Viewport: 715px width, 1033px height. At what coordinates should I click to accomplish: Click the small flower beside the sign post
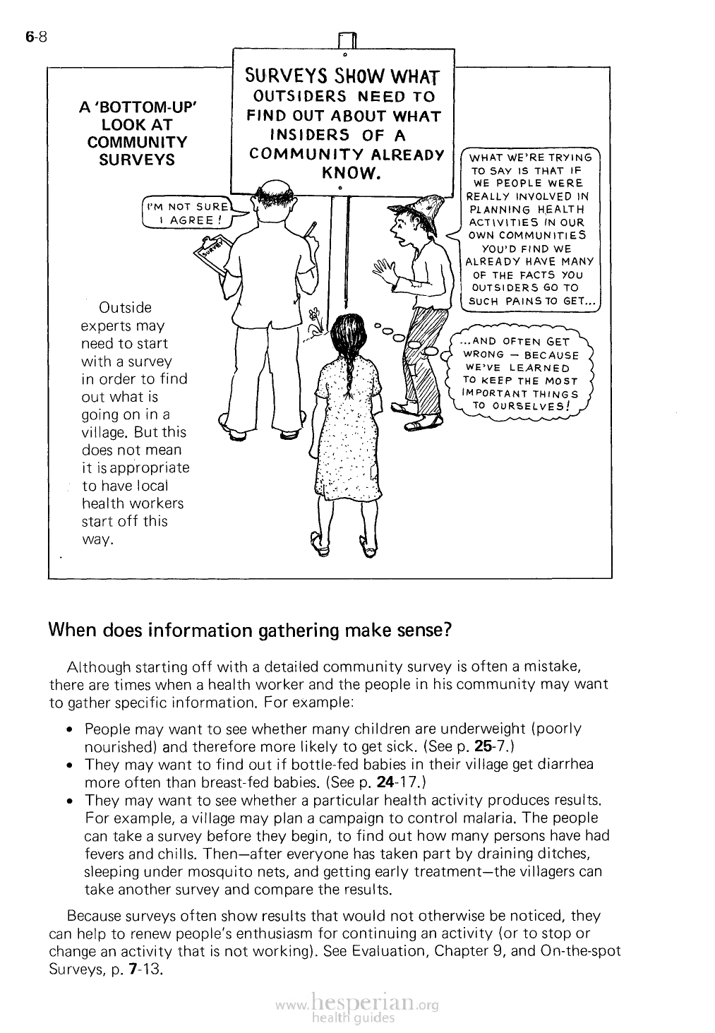pyautogui.click(x=316, y=316)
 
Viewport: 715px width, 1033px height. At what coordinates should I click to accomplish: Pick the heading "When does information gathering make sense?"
pyautogui.click(x=249, y=630)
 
